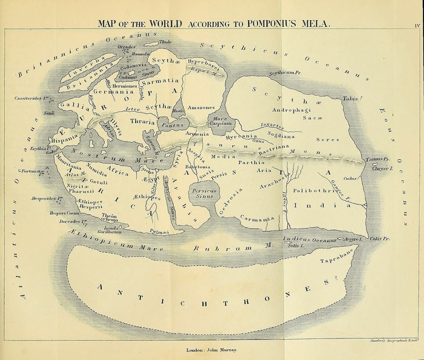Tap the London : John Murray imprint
click(211, 350)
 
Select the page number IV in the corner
click(417, 25)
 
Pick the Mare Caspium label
click(222, 120)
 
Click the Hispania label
click(65, 139)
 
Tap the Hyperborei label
click(203, 62)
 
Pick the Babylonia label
click(197, 166)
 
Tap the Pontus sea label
click(173, 125)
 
